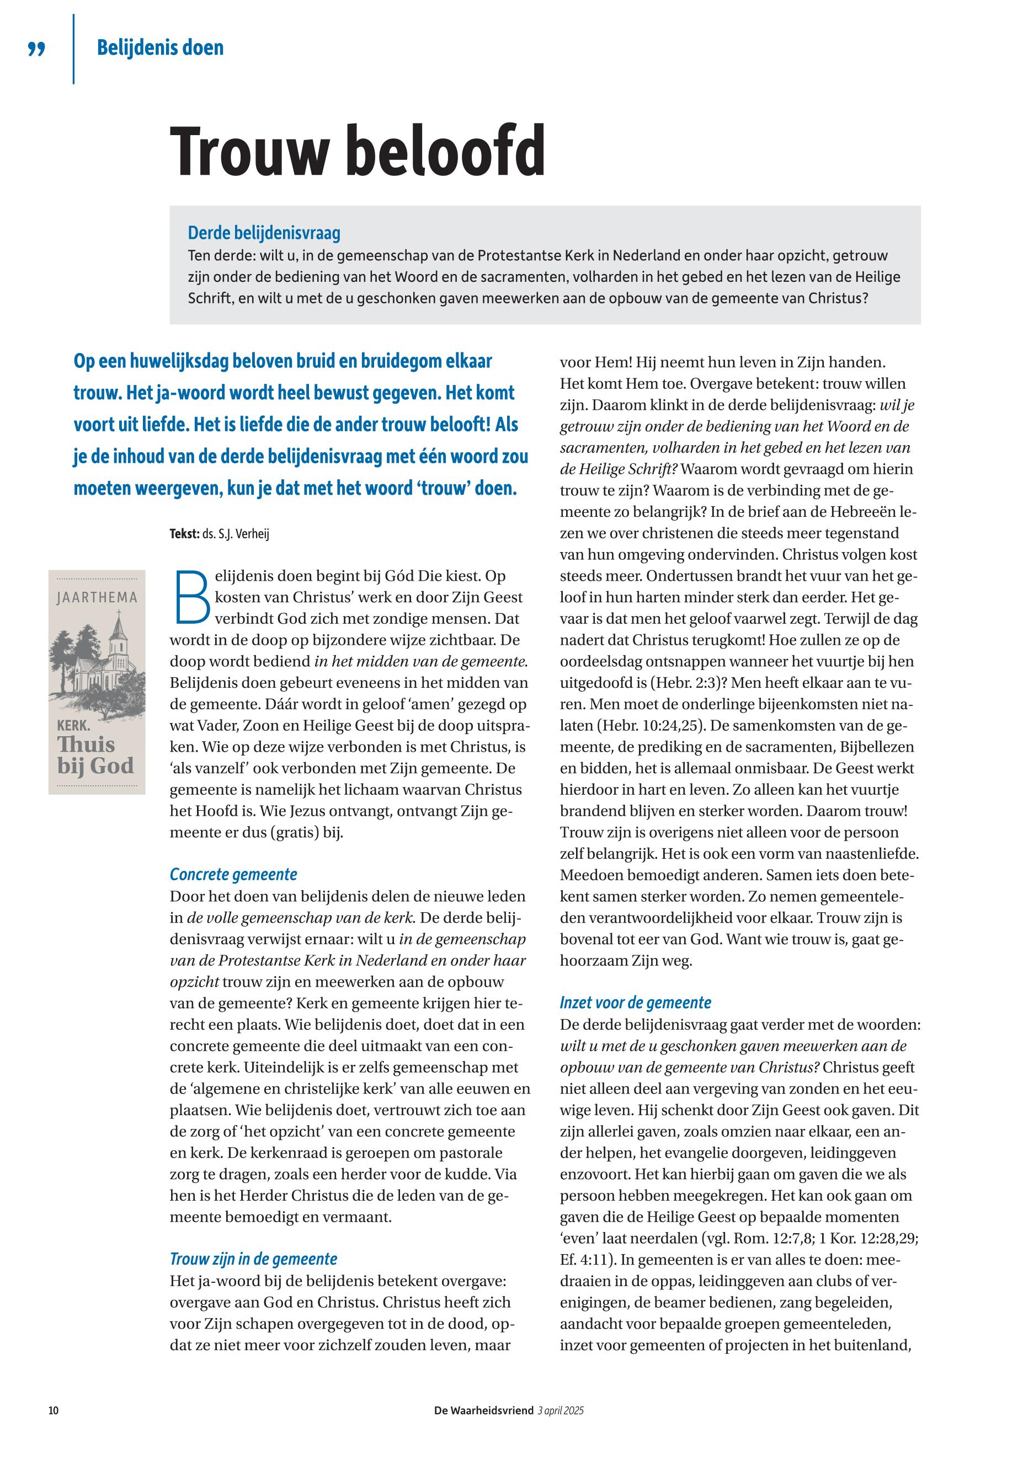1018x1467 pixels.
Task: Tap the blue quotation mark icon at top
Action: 37,49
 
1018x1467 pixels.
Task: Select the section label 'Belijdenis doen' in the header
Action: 160,48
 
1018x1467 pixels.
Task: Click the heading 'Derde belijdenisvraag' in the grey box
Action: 264,233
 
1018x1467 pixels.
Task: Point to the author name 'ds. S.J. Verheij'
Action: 236,534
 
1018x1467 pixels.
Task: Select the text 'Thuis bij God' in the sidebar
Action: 95,756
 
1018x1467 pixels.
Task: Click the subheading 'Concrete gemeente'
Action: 233,874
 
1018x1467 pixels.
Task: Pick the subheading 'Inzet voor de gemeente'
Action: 635,1002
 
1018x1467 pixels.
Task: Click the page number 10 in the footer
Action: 54,1410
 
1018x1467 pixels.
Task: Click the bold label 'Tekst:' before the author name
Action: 184,534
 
